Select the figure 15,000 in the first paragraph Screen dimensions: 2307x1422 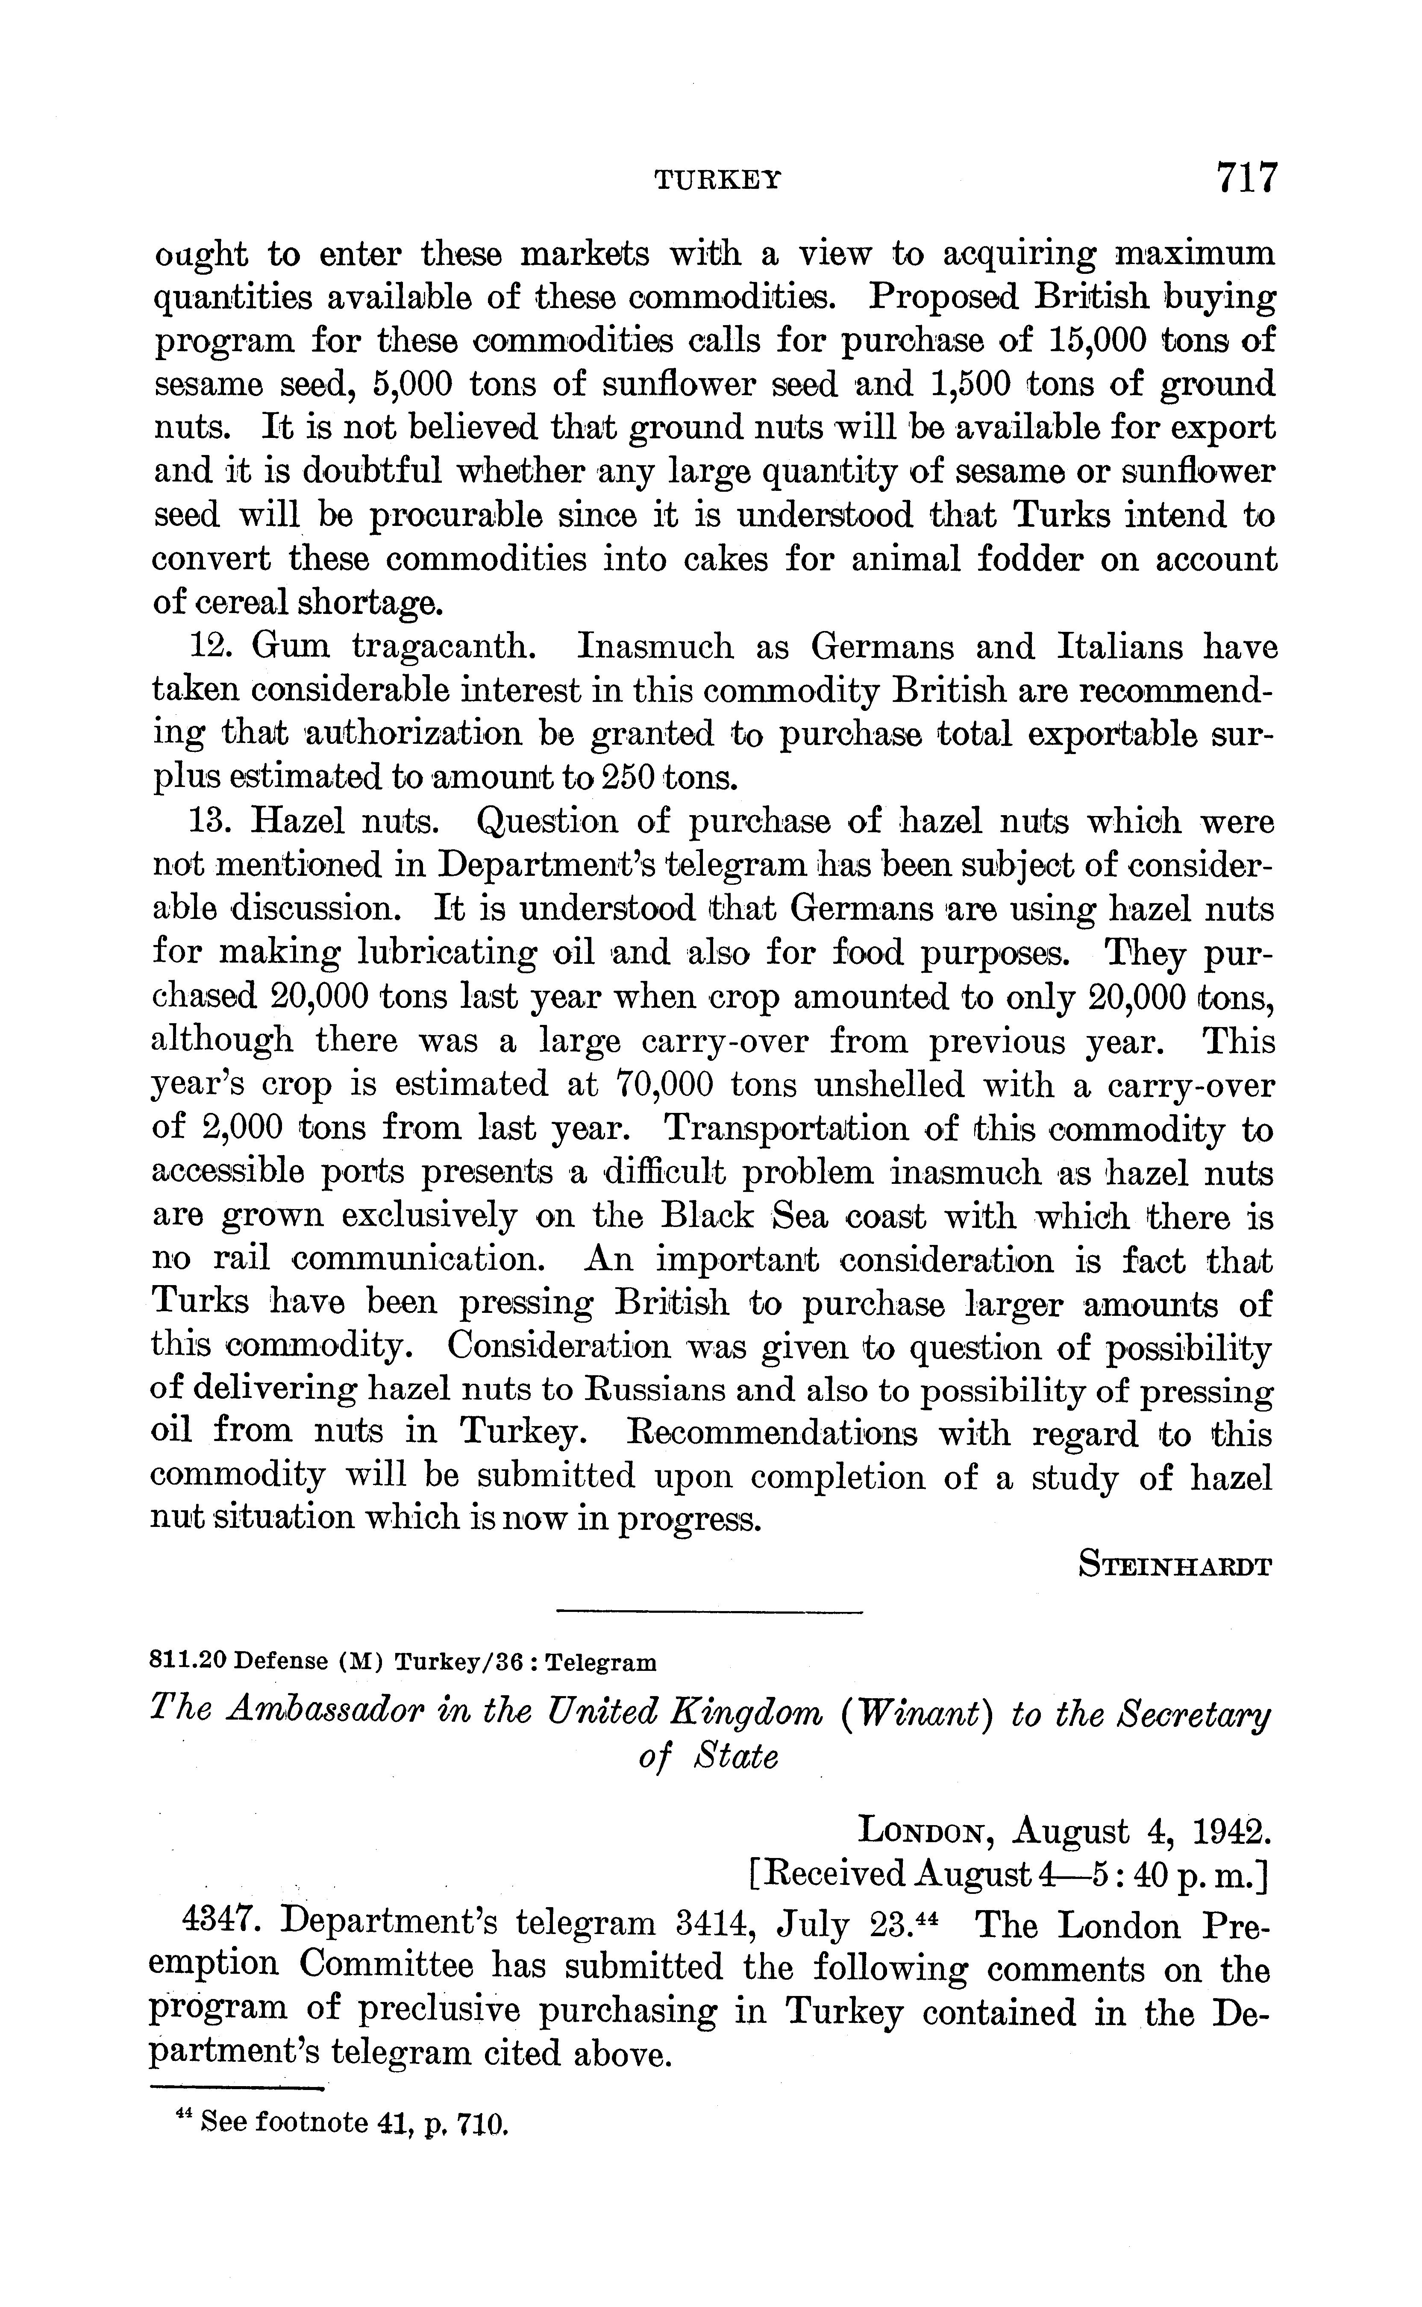point(1098,340)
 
